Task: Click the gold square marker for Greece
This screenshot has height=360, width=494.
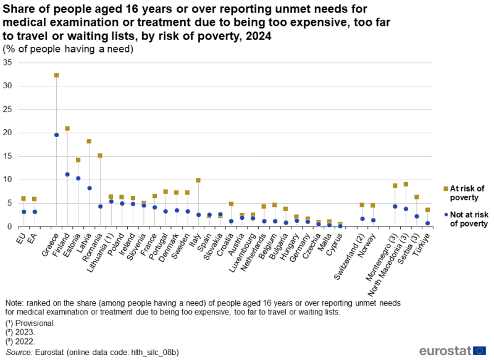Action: (x=56, y=75)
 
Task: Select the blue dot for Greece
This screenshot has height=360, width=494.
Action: (x=56, y=135)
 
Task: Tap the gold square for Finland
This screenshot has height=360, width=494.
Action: (x=67, y=128)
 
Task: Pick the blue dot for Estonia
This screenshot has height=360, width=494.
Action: (x=78, y=178)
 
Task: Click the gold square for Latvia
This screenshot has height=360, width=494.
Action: (x=89, y=141)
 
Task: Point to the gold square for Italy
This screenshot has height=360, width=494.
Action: (x=198, y=180)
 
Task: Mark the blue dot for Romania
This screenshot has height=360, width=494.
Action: (x=100, y=206)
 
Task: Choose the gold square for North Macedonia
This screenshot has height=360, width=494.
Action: (x=406, y=184)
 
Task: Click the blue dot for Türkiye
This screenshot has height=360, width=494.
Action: (x=427, y=224)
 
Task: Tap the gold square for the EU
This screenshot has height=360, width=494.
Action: (x=23, y=198)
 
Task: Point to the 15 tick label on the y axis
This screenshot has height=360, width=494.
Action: (x=7, y=156)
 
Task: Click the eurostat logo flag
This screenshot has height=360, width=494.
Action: (x=479, y=351)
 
